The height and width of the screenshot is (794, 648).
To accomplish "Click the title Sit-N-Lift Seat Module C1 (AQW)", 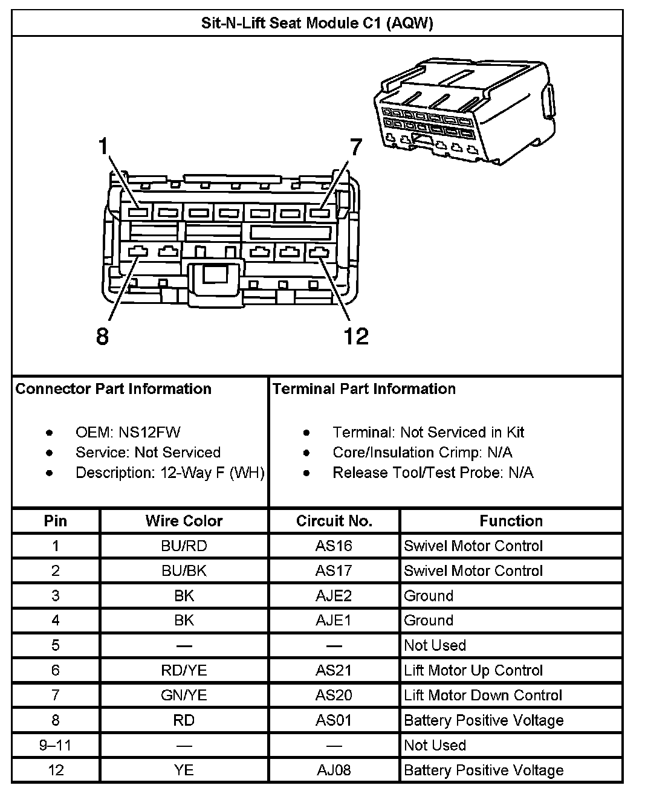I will coord(317,24).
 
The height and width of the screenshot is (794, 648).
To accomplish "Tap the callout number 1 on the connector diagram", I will coord(104,146).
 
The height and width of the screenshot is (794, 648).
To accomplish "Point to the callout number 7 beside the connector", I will coord(355,147).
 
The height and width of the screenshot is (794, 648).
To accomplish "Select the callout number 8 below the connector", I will coord(103,336).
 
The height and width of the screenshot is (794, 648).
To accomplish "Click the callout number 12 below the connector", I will coord(355,336).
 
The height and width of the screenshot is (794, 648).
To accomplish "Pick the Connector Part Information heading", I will coord(113,389).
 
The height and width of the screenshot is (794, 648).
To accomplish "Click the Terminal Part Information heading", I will coord(364,389).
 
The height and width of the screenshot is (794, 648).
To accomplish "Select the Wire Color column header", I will coord(184,521).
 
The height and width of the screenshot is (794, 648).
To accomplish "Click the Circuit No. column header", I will coord(334,521).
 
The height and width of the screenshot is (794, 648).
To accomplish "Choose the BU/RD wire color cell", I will coord(184,546).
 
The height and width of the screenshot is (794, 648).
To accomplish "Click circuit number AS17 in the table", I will coord(334,571).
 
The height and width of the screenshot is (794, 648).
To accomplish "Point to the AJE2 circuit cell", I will coord(334,596).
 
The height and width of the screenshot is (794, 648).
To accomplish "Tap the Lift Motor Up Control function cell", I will coord(473,671).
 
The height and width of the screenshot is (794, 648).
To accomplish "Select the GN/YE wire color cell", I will coord(184,696).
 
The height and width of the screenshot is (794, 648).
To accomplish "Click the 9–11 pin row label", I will coord(56,745).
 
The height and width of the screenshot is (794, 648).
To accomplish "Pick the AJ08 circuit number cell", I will coord(334,770).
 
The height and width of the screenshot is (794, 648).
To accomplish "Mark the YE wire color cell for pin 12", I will coord(184,770).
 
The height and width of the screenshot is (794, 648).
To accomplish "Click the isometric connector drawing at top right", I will coord(462,112).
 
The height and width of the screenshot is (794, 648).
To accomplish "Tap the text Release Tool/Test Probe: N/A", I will coord(433,473).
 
